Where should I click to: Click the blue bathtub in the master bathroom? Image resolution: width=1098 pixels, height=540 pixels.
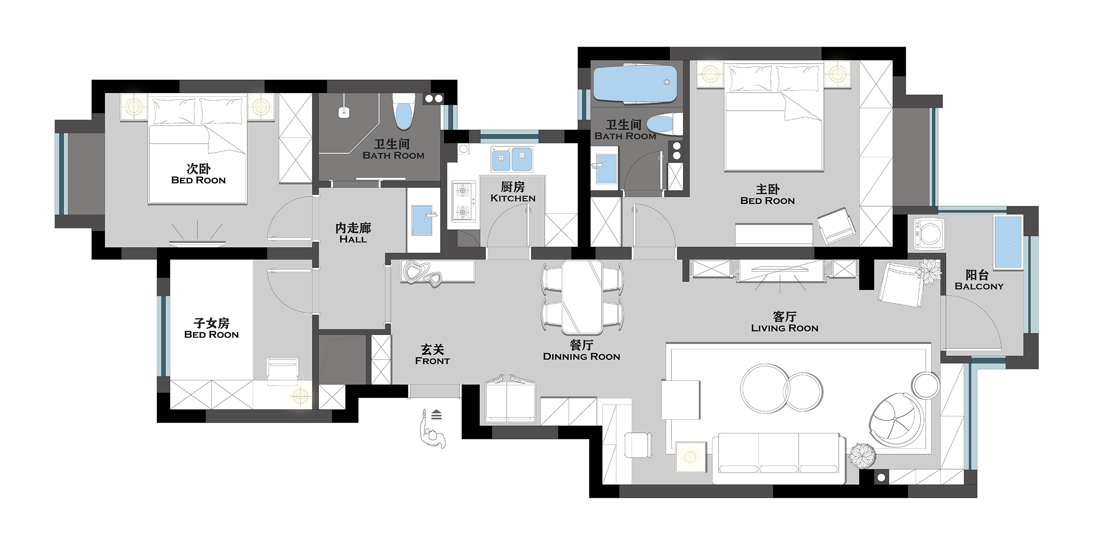point(635,83)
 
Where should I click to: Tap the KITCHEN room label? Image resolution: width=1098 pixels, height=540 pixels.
point(513,199)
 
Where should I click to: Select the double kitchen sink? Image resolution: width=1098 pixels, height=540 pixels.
point(512,159)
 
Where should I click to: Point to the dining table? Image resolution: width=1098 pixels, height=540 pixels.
point(582,297)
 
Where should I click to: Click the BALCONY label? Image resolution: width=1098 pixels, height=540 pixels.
point(979,286)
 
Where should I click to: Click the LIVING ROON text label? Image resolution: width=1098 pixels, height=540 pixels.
point(784,328)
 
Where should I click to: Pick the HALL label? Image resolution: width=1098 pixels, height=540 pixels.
point(353,239)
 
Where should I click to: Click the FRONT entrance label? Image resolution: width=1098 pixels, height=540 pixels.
point(433,361)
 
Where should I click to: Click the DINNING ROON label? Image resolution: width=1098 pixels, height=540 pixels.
point(582,357)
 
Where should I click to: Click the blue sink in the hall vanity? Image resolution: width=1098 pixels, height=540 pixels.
point(423,220)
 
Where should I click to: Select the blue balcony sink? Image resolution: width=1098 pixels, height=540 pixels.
point(1008,241)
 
